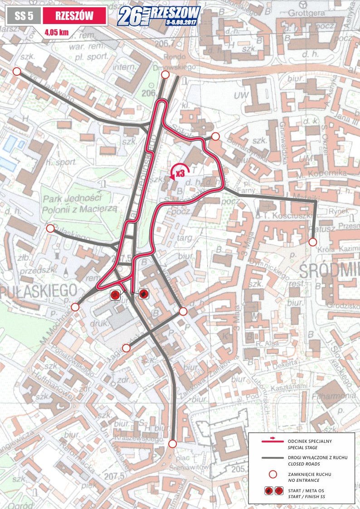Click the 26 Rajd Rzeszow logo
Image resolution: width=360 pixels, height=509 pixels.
pyautogui.click(x=158, y=15)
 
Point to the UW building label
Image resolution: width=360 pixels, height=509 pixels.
pyautogui.click(x=238, y=96)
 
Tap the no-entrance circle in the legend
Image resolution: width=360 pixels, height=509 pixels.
pyautogui.click(x=272, y=474)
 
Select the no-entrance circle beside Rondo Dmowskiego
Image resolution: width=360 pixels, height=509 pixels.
pyautogui.click(x=165, y=75)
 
